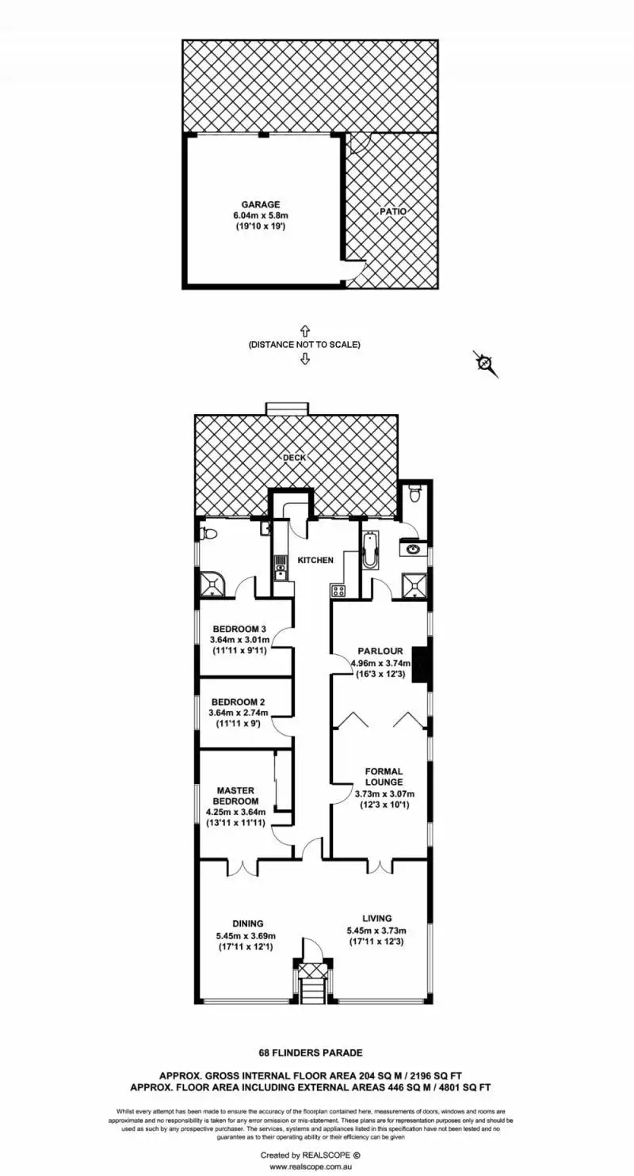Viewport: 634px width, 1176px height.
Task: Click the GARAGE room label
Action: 261,204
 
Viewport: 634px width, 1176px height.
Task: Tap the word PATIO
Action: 393,211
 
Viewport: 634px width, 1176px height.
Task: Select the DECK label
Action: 294,457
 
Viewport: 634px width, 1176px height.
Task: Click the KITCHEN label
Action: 315,560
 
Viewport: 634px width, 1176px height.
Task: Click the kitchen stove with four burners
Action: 337,589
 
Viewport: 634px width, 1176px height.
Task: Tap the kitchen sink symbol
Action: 280,565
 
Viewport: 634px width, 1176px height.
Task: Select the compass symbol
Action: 485,363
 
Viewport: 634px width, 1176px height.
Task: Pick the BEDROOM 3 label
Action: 239,629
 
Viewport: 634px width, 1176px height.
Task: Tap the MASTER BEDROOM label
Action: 235,795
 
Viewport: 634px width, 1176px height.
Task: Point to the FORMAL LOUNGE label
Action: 384,776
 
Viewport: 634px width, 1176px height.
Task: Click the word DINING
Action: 248,923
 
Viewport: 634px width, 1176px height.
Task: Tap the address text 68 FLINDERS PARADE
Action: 311,1052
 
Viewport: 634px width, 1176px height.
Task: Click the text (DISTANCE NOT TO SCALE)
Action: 304,344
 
